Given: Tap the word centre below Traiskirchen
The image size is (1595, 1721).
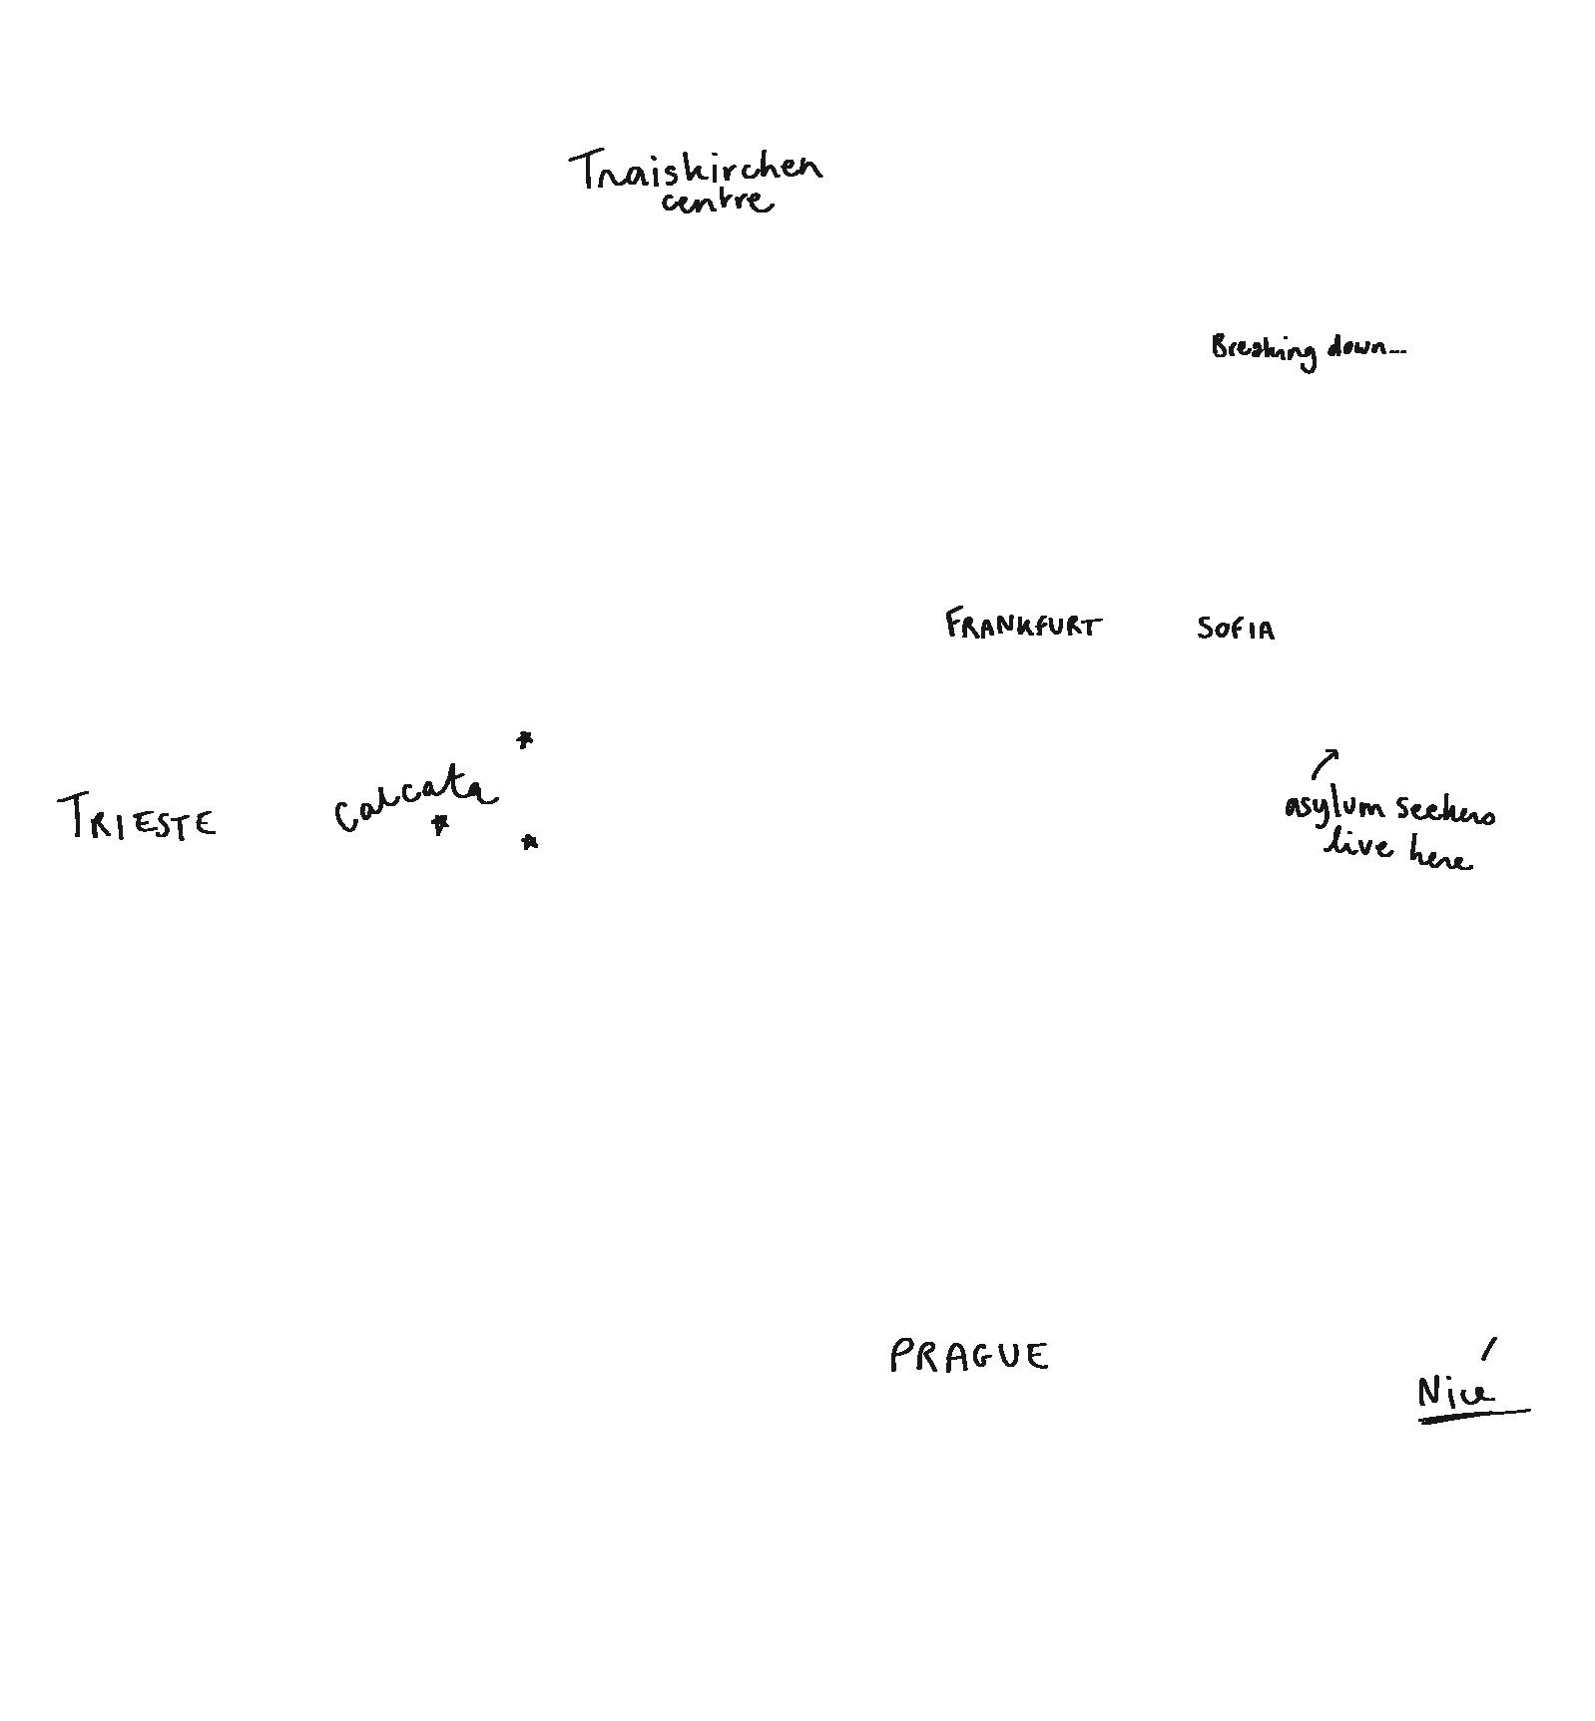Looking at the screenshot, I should (x=716, y=202).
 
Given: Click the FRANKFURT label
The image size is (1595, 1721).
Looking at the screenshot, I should (x=1023, y=626).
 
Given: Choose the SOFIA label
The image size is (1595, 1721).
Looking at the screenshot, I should (x=1236, y=629).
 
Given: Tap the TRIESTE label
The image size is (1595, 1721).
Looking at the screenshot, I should (x=138, y=817).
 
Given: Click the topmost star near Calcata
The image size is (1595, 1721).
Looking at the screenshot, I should (x=525, y=740).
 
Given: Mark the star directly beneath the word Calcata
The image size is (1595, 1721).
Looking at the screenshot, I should (x=439, y=825).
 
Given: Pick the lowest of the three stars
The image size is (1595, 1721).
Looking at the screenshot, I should (x=530, y=843).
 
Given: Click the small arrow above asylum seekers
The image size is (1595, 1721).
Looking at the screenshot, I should (x=1325, y=763).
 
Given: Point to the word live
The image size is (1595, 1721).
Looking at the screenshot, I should (x=1357, y=845).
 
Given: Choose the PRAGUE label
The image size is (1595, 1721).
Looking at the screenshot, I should (x=968, y=1357).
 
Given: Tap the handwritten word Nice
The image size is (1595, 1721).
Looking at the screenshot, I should (x=1455, y=1391).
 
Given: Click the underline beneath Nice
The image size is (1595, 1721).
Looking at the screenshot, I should (x=1473, y=1414).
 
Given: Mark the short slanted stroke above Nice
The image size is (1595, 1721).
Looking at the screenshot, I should (x=1489, y=1348).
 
